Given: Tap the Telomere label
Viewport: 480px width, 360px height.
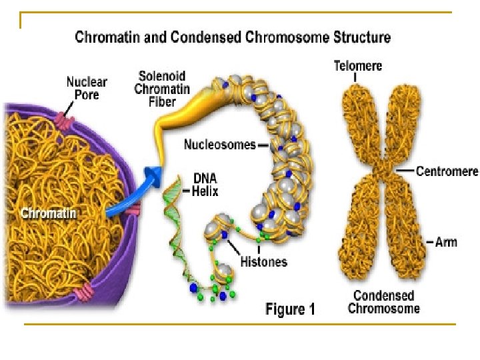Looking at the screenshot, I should click(x=357, y=65).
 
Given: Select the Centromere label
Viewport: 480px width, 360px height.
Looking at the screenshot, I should click(x=447, y=171).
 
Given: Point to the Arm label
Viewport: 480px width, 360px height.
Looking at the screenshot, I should click(x=446, y=241).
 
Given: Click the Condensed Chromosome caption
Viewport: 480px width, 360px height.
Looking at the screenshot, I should click(x=384, y=302).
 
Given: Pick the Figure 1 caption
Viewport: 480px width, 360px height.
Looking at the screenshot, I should click(x=290, y=309).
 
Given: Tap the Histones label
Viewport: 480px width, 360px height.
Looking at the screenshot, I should click(x=263, y=261).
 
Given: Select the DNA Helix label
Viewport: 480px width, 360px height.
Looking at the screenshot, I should click(x=205, y=183).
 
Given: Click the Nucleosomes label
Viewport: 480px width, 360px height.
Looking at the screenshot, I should click(x=219, y=145).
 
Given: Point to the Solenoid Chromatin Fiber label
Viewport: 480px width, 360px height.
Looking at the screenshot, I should click(x=162, y=89).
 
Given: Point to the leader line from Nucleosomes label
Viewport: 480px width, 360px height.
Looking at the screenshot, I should click(x=262, y=145).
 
